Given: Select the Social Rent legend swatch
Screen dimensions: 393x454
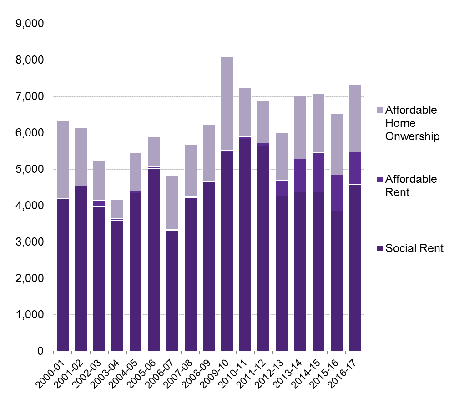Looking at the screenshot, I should click(381, 248).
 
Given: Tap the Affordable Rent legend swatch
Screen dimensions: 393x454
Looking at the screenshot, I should click(381, 179).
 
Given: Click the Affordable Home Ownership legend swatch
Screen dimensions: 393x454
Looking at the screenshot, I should click(381, 111).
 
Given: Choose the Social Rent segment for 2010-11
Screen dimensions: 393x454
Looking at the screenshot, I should click(245, 245).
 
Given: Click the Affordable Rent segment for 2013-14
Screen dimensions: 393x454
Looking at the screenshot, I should click(300, 176).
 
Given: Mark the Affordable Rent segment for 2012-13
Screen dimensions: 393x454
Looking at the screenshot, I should click(282, 188).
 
